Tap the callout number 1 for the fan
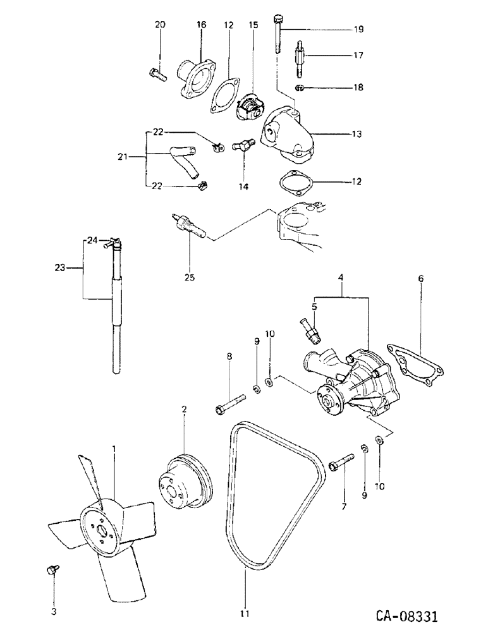(x=114, y=449)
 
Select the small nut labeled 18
(x=301, y=87)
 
